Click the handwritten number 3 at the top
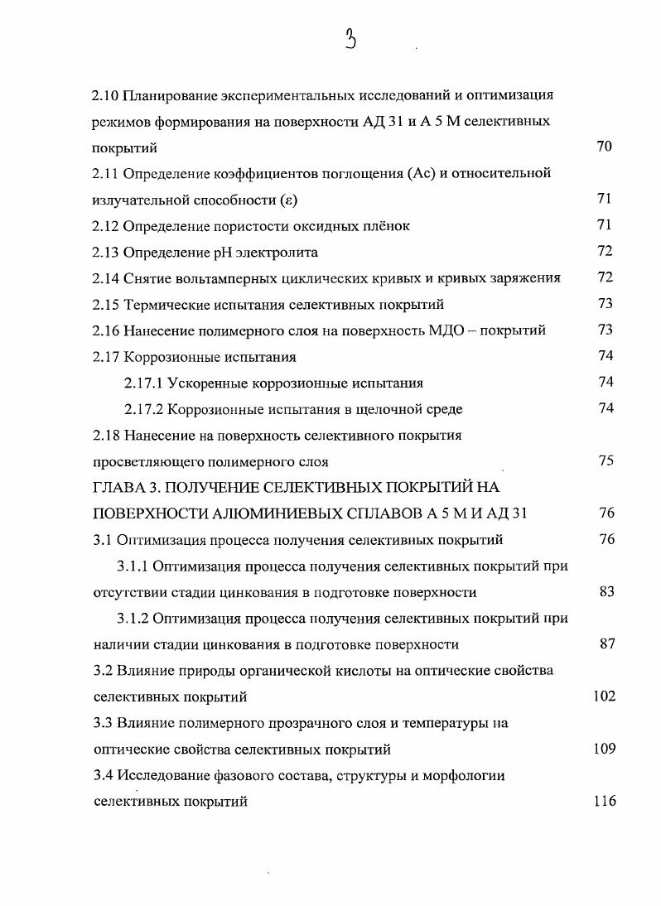tap(352, 39)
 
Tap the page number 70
tap(604, 147)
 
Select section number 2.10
tap(105, 94)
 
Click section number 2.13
tap(105, 252)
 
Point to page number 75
tap(605, 461)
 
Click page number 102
tap(604, 696)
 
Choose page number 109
tap(604, 749)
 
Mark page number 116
tap(604, 801)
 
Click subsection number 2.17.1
tap(143, 383)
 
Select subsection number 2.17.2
tap(143, 409)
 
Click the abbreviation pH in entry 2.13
tap(228, 252)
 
